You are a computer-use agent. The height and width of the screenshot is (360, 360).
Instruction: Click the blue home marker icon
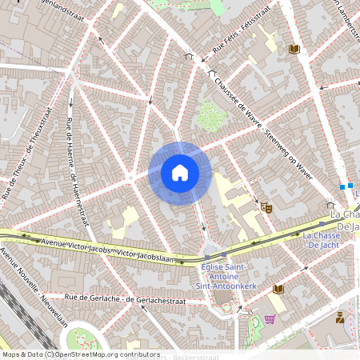tap(180, 173)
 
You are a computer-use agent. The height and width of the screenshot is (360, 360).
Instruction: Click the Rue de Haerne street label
tap(76, 172)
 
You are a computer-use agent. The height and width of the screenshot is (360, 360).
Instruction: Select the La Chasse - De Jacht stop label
tap(324, 239)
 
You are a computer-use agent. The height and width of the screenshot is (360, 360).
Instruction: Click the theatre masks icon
tap(266, 207)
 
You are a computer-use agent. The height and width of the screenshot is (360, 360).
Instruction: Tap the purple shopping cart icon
tap(270, 319)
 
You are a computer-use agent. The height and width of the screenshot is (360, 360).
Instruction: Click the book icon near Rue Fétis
tap(294, 50)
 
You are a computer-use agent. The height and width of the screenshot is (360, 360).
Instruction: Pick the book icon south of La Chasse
tap(278, 289)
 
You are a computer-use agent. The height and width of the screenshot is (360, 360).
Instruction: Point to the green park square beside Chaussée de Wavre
tap(210, 115)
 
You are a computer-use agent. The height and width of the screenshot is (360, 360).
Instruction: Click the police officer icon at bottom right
tap(340, 317)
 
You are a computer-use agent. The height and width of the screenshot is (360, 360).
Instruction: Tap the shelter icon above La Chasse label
tap(330, 205)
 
